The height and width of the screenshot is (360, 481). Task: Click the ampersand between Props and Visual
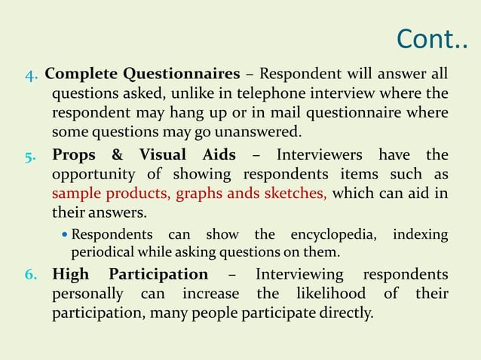117,156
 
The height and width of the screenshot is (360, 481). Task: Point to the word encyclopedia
332,235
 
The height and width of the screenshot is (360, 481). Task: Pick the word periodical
100,252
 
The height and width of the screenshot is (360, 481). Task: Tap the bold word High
70,273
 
